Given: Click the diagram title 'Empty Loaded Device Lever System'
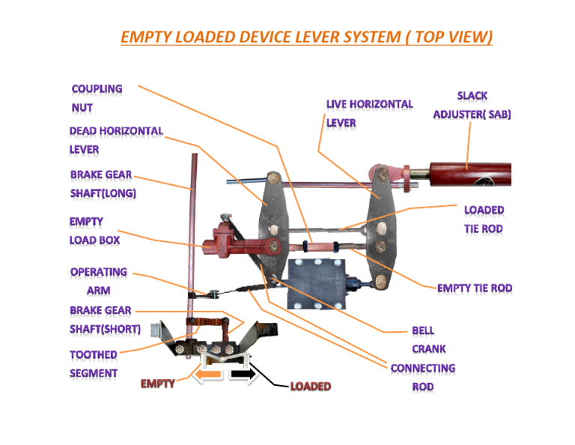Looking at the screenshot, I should (x=305, y=37).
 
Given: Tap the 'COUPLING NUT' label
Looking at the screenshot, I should (x=97, y=97).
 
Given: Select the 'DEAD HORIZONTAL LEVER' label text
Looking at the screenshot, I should (x=115, y=139).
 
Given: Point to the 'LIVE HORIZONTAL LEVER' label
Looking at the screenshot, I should (x=369, y=113).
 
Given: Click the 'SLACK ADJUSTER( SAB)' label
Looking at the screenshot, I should (x=472, y=105).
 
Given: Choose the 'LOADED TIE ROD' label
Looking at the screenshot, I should (x=484, y=219).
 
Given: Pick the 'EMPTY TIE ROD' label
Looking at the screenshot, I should (x=475, y=288).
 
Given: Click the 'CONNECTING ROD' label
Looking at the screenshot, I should (x=422, y=377).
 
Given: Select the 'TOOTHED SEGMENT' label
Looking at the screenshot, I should (x=94, y=363).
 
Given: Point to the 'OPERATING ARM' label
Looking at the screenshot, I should (x=98, y=281).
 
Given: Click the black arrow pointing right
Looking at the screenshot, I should (x=243, y=373).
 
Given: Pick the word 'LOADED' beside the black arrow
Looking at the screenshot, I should (x=311, y=387).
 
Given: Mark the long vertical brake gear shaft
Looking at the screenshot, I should (x=194, y=225).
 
